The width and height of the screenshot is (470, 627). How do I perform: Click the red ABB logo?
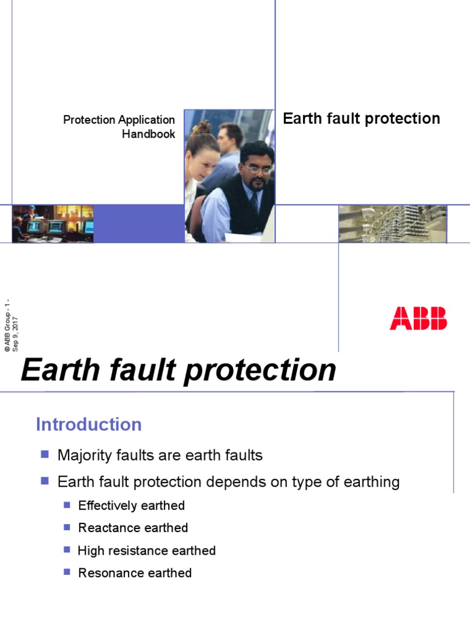coord(418,318)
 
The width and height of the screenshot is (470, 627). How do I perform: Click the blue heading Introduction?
coord(89,424)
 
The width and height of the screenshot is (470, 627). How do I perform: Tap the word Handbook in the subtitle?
coord(149,134)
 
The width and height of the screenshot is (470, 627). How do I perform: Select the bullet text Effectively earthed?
coord(132,505)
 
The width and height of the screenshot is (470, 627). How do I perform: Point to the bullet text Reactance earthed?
coord(133,528)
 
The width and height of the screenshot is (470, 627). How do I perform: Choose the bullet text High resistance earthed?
coord(147,550)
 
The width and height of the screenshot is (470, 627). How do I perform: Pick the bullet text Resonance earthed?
coord(135,573)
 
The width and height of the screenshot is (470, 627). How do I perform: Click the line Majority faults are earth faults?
coord(160,455)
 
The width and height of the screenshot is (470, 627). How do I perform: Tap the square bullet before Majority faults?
coord(44,454)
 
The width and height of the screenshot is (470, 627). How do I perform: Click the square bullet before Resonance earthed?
coord(67,573)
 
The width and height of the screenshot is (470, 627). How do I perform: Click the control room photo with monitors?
coord(53,223)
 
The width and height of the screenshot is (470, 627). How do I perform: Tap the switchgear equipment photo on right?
coord(392,223)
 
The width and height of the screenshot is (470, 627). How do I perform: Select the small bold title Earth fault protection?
coord(361,119)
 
